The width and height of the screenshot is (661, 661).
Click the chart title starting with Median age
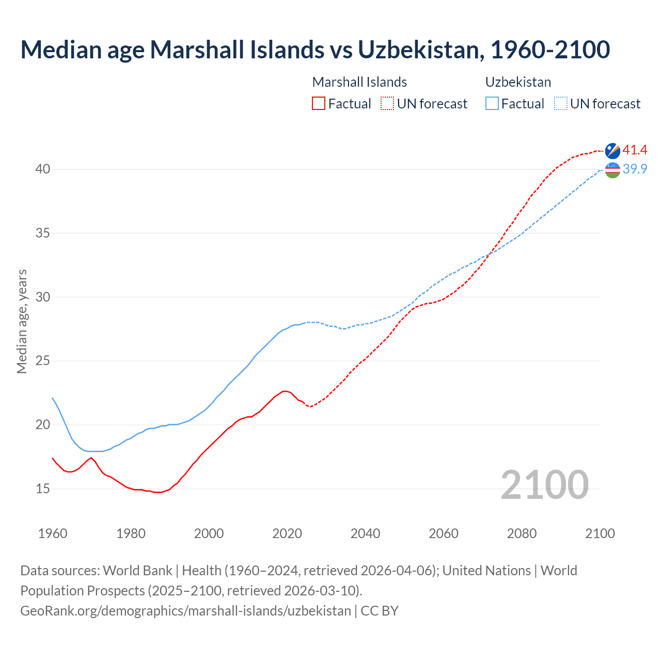[x=315, y=50]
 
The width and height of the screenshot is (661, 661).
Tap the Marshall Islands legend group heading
[x=359, y=82]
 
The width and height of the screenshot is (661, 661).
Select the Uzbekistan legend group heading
[x=518, y=82]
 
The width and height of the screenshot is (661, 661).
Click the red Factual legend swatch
[x=319, y=104]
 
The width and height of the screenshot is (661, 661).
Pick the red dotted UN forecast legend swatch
[x=387, y=104]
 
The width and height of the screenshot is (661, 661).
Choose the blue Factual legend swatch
[x=492, y=104]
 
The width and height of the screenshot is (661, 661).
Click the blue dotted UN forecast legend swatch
[x=560, y=104]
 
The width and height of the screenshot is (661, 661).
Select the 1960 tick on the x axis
[x=53, y=533]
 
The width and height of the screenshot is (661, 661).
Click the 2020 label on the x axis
[x=287, y=533]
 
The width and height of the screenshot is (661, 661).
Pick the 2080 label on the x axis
[x=522, y=533]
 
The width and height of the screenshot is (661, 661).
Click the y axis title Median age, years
[x=22, y=321]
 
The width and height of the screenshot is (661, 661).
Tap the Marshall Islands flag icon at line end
[x=612, y=151]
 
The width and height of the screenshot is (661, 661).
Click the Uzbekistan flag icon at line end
[x=612, y=170]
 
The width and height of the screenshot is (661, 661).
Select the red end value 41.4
[x=635, y=150]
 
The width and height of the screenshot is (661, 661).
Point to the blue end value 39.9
[x=635, y=169]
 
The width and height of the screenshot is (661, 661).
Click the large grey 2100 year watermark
[x=544, y=484]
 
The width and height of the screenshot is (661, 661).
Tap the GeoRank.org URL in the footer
[x=185, y=611]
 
